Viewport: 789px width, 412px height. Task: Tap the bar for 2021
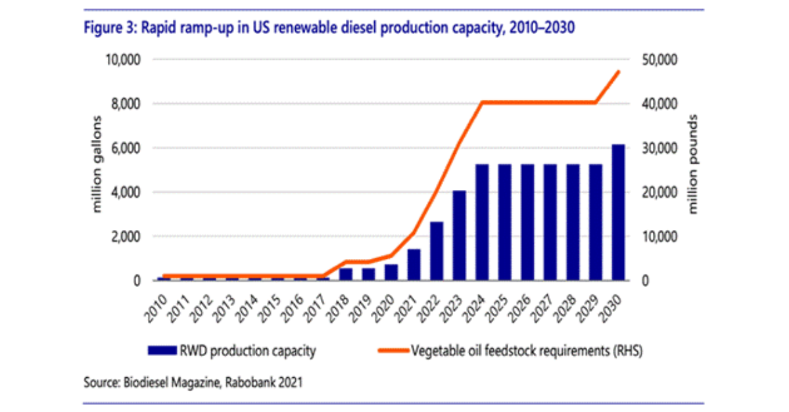(x=414, y=264)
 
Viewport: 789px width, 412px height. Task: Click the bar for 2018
(x=347, y=274)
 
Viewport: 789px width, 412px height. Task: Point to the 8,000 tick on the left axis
(x=124, y=104)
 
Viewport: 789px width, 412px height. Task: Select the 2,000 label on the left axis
(x=124, y=237)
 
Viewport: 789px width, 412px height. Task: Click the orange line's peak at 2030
(x=618, y=71)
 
